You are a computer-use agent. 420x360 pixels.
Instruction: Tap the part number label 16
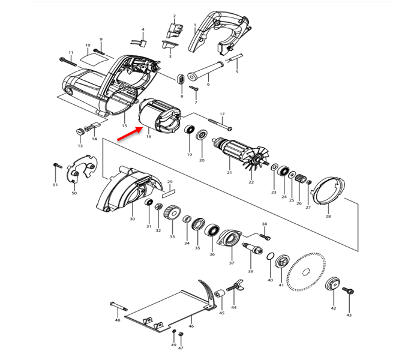point(148,137)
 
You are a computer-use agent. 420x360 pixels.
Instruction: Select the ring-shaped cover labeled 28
point(328,190)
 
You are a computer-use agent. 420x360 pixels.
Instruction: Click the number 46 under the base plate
point(191,326)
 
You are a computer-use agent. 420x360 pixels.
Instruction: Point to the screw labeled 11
point(67,61)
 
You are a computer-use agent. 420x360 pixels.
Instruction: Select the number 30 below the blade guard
point(132,219)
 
